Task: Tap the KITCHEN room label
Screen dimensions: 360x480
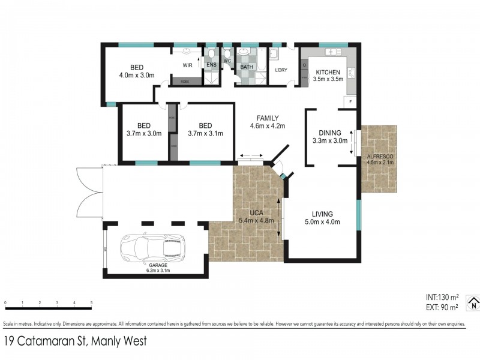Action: [x=328, y=72]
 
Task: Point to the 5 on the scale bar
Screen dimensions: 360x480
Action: [x=91, y=302]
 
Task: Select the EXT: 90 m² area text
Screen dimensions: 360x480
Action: [x=441, y=307]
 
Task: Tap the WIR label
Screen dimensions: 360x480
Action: [x=187, y=65]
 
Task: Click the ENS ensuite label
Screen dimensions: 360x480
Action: [x=211, y=65]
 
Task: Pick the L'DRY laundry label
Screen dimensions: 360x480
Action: [x=280, y=70]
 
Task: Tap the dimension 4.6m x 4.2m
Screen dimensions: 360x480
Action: [x=267, y=126]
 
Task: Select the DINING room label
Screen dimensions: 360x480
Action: [x=330, y=133]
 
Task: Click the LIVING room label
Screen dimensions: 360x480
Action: [x=322, y=214]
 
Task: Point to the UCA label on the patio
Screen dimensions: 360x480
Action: [x=257, y=212]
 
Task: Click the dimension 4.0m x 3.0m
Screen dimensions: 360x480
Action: [x=137, y=76]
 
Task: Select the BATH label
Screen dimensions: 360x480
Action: [x=246, y=67]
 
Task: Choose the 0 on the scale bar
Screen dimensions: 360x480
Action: [x=5, y=302]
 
